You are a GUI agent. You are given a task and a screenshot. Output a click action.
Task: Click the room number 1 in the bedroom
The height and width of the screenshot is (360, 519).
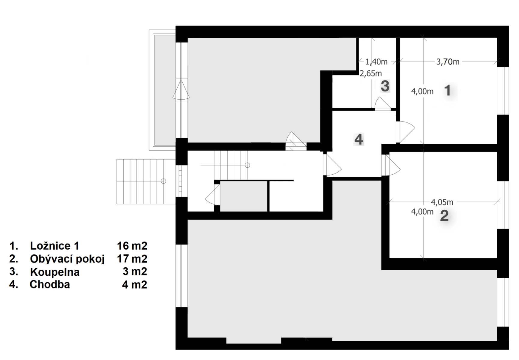tap(447, 90)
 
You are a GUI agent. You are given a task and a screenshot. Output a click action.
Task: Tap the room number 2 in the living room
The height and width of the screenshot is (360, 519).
tap(444, 215)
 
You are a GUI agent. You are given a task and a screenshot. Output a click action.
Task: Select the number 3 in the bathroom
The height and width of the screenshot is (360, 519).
tap(385, 86)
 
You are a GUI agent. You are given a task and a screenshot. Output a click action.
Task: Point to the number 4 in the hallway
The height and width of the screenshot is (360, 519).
tap(358, 139)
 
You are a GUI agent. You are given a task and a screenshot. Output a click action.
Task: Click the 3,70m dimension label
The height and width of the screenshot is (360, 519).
tap(448, 62)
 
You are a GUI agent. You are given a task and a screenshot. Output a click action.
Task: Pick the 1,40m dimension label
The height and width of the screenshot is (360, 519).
tap(376, 62)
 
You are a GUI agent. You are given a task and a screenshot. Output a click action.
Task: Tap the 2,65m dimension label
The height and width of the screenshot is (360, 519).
tap(371, 73)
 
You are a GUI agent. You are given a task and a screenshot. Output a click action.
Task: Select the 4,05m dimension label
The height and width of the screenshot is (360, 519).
tap(442, 202)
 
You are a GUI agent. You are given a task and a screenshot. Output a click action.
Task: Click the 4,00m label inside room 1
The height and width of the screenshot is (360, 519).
tap(422, 91)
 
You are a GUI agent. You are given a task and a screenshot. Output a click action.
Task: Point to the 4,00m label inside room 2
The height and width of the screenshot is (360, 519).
tap(422, 211)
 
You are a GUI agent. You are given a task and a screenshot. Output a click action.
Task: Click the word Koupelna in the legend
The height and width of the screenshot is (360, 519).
tap(55, 272)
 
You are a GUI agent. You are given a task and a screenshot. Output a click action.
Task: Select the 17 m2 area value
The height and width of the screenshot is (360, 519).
tap(132, 258)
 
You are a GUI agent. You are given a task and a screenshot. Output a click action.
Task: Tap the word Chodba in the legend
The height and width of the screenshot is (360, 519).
tap(49, 284)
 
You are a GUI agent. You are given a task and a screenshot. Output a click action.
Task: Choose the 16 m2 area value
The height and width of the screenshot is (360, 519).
tap(132, 246)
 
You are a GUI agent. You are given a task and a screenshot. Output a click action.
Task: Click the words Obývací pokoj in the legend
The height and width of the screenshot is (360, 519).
tap(67, 259)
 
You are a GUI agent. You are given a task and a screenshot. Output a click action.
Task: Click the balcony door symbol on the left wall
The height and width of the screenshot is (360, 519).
tap(181, 90)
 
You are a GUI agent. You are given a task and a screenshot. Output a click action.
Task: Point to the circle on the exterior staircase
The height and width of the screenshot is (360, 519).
tap(163, 181)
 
